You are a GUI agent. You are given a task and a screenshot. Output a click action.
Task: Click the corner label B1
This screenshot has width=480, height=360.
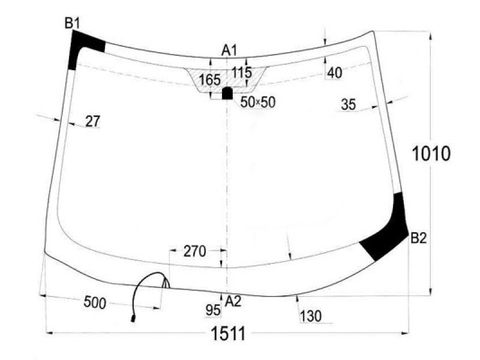point(72,23)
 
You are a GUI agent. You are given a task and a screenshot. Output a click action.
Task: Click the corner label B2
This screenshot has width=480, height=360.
point(418,238)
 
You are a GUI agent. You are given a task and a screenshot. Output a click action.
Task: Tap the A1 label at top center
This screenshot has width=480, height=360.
point(229,50)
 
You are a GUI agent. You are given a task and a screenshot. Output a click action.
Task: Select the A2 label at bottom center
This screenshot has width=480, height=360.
point(233,301)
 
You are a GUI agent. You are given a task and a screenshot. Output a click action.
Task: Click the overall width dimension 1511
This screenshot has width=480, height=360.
point(229,334)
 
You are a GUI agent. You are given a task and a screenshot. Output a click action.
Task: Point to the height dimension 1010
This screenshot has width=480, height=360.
point(431,154)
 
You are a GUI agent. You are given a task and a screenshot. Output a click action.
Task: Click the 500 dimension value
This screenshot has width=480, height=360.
point(95,302)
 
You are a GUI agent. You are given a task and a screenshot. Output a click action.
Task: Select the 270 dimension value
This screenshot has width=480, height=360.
point(194,251)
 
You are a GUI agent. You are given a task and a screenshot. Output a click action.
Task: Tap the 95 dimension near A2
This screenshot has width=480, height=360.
point(213,310)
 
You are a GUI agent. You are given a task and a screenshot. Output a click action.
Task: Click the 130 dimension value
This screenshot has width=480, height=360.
point(311,316)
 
